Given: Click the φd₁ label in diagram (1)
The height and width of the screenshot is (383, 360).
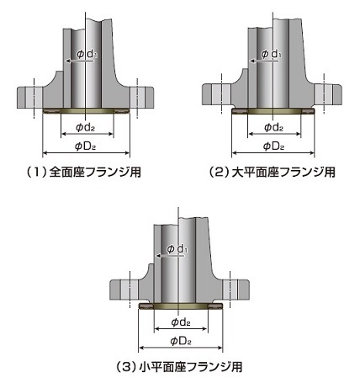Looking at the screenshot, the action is coord(87,54).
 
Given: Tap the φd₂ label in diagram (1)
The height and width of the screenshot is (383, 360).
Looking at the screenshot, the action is coord(86,128).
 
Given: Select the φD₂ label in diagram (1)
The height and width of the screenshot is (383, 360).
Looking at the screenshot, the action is coord(86,146).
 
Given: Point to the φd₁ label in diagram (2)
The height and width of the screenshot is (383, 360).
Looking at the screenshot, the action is coord(271,54).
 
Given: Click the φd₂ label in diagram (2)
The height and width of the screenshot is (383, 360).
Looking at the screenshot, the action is coord(274,128).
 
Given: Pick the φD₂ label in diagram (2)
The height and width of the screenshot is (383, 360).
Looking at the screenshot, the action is coord(274,146).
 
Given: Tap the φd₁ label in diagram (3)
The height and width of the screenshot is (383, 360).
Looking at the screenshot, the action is coord(177,248).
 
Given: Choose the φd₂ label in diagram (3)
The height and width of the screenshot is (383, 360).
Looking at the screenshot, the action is coord(181,322).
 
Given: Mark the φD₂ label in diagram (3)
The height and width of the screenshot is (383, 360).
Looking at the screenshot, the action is coord(181,341).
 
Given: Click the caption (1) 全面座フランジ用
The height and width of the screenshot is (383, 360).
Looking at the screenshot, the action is coord(83,172).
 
